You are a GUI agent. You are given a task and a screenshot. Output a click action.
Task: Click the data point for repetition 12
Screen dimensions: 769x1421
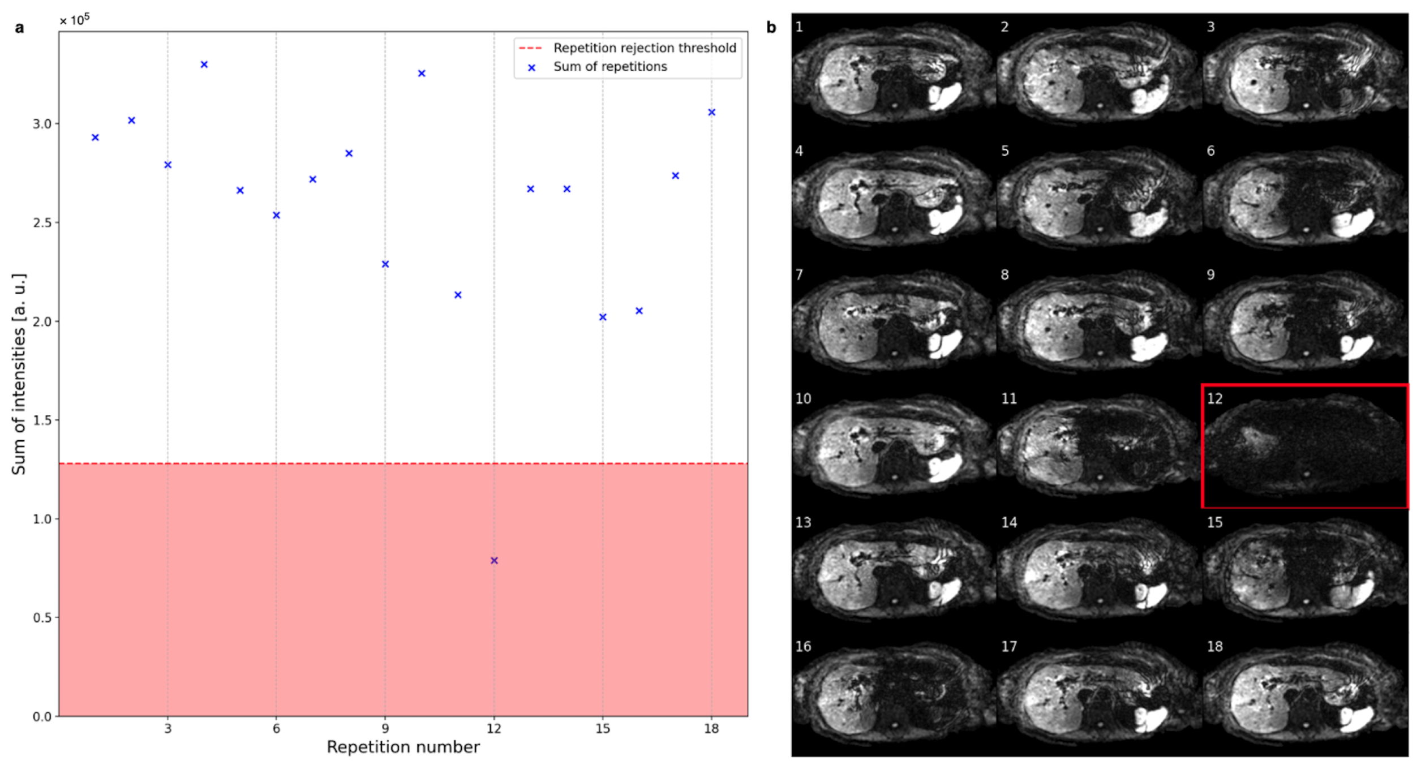[494, 560]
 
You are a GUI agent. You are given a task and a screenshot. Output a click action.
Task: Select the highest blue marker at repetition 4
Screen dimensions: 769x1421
[204, 65]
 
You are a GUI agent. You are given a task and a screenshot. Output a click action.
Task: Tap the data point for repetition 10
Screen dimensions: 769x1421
[422, 74]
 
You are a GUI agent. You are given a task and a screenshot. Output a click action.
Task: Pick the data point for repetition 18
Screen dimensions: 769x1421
[712, 112]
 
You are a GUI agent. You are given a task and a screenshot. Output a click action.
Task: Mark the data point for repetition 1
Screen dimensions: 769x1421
[95, 138]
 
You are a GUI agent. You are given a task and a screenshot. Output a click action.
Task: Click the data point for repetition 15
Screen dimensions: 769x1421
[603, 317]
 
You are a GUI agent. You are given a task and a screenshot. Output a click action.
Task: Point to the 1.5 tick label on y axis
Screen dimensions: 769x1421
[42, 420]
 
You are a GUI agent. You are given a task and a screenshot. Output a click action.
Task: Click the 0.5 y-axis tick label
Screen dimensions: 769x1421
[42, 617]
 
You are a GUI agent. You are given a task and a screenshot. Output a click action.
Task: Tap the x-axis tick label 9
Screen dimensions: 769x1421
[385, 728]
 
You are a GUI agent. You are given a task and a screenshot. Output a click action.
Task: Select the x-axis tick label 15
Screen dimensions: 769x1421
[603, 728]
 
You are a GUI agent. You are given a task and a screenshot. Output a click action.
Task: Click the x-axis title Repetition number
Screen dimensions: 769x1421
[403, 747]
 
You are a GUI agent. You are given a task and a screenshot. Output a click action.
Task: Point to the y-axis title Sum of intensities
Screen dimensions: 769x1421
[19, 374]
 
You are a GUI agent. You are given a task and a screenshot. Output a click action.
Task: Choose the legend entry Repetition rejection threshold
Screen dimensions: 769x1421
[645, 48]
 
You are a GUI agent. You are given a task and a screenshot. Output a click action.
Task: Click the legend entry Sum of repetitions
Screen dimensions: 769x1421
[610, 67]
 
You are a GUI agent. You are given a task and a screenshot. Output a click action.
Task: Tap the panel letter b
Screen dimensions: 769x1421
[771, 27]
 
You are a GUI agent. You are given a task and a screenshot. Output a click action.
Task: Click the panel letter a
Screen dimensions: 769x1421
[20, 28]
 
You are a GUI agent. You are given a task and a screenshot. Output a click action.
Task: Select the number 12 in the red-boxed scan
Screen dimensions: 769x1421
[1214, 398]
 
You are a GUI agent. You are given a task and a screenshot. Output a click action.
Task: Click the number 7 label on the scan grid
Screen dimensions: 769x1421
[799, 274]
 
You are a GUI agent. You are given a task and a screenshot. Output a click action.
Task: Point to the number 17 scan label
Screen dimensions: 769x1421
[1009, 646]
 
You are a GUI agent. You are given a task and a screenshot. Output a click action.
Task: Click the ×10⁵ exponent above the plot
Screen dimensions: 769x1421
[75, 20]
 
